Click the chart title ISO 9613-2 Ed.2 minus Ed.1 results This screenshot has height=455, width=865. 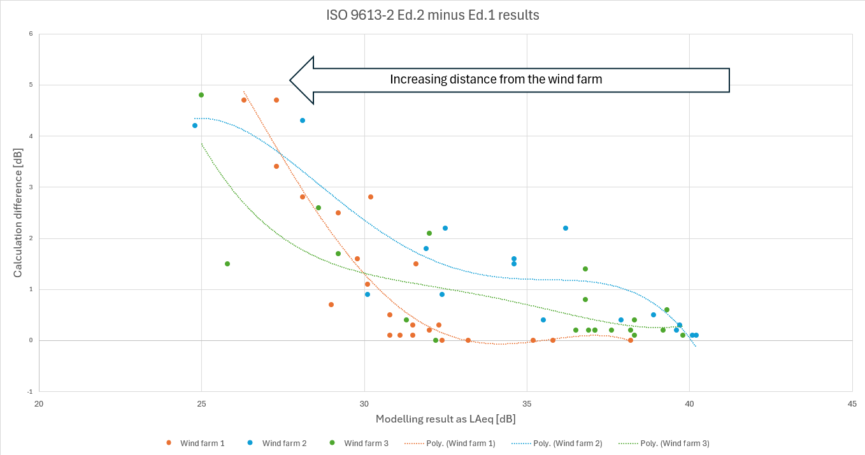point(432,15)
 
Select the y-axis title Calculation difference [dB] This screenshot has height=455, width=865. point(18,213)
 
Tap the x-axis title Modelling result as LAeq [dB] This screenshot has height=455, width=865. point(446,419)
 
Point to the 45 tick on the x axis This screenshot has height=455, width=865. point(852,404)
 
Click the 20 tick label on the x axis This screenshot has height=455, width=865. point(39,404)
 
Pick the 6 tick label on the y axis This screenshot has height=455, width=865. point(31,34)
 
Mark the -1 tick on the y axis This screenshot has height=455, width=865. point(30,392)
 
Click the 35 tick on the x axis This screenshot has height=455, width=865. point(527,404)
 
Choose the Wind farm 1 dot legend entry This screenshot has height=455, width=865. point(196,443)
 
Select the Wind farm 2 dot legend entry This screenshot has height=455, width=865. point(277,443)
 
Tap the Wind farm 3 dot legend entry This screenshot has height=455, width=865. point(359,443)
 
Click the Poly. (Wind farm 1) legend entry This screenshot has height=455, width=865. point(450,444)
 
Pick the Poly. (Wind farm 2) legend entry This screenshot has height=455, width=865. point(557,444)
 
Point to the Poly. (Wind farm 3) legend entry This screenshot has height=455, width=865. point(664,444)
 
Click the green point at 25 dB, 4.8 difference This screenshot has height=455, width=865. point(201,95)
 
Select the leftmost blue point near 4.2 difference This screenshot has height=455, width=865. point(195,126)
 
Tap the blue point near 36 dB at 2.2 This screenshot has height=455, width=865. point(566,228)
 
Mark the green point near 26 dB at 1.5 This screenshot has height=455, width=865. point(227,264)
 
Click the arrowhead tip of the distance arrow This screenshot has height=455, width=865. point(290,80)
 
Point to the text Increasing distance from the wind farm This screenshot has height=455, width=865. point(496,79)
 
